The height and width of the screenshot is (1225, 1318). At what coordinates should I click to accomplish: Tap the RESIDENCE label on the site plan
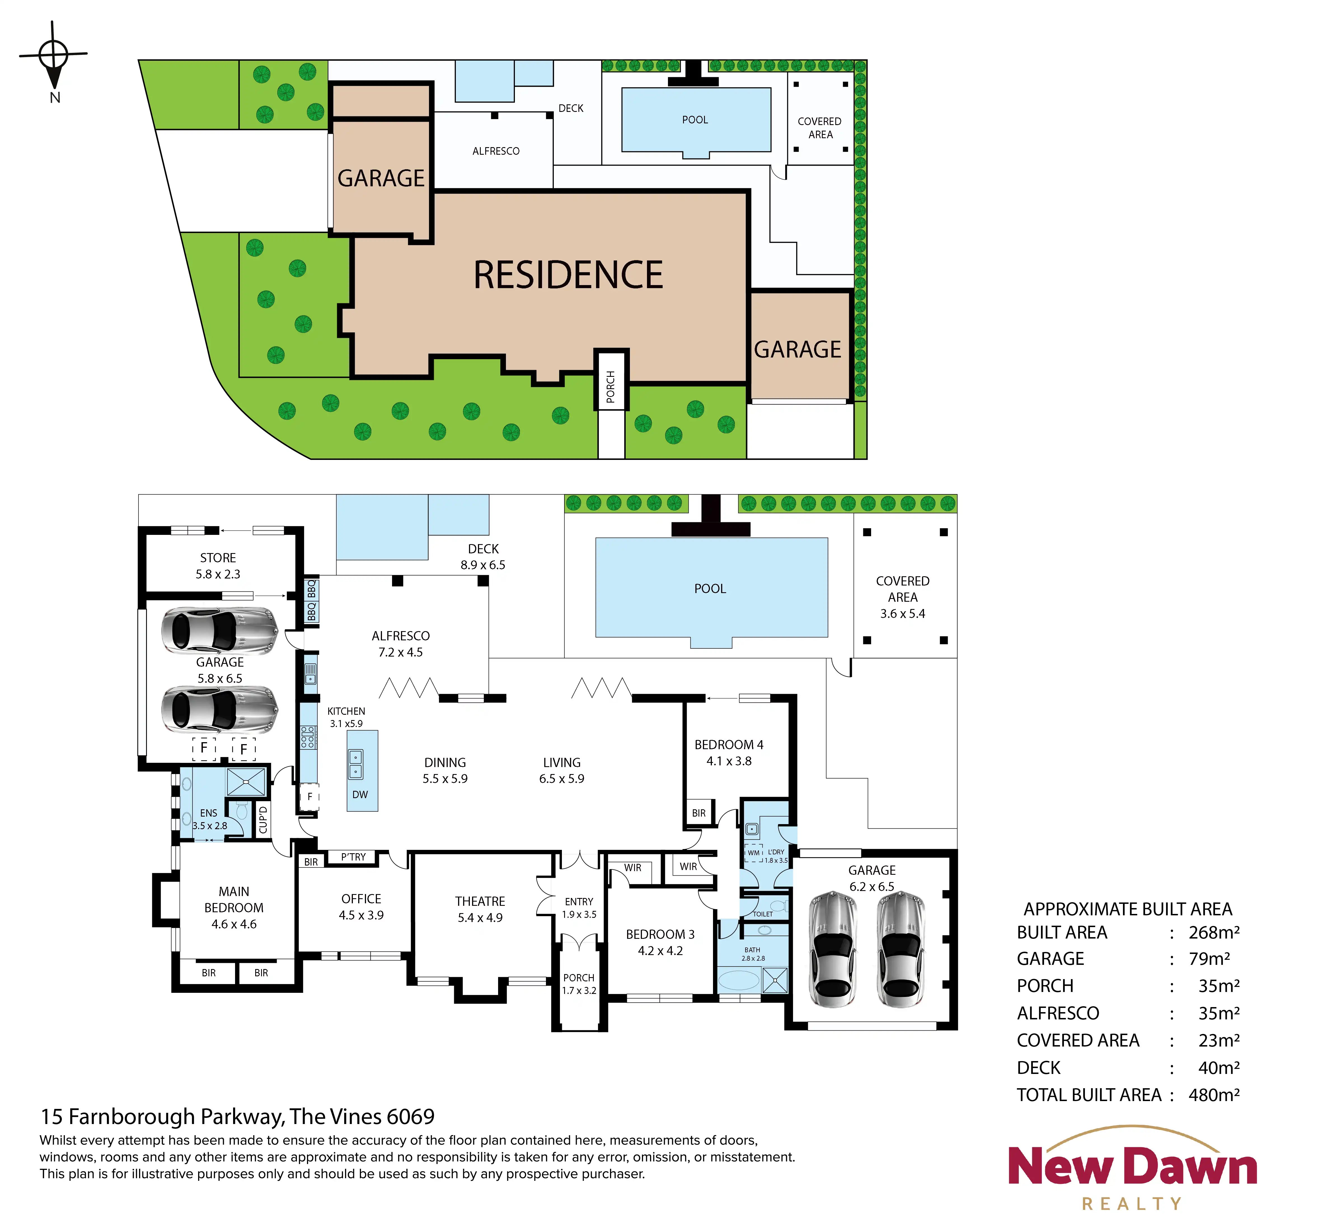coord(568,275)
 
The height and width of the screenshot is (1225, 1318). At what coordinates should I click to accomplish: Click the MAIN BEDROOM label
coord(234,907)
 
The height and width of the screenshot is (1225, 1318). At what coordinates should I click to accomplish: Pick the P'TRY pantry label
coord(353,857)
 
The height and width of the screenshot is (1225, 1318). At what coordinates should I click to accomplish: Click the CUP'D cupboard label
coord(263,820)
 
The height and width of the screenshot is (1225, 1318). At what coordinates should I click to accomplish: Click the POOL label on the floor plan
coord(710,589)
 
